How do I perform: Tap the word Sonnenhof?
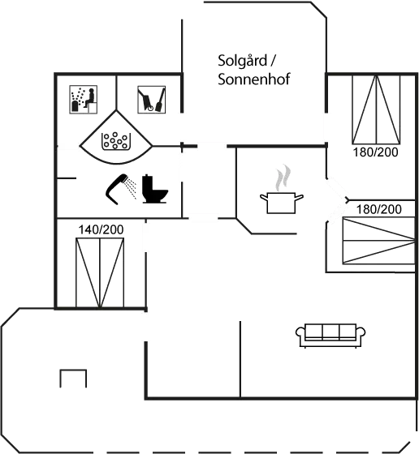pyautogui.click(x=254, y=79)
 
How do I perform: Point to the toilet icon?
pyautogui.click(x=153, y=189)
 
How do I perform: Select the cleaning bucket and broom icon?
pyautogui.click(x=149, y=99)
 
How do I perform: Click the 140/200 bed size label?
pyautogui.click(x=101, y=230)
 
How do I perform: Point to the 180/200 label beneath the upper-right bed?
pyautogui.click(x=375, y=152)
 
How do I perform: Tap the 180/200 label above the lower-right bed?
pyautogui.click(x=379, y=209)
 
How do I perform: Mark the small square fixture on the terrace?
pyautogui.click(x=73, y=379)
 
